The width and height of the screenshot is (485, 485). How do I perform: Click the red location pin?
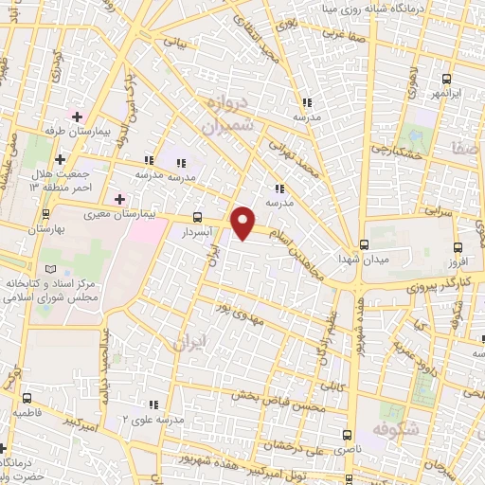pyautogui.click(x=243, y=222)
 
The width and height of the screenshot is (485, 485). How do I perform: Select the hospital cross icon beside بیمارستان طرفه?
pyautogui.click(x=77, y=116)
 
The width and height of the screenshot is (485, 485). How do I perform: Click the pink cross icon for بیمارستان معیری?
pyautogui.click(x=118, y=200)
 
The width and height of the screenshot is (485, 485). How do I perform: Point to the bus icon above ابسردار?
pyautogui.click(x=197, y=216)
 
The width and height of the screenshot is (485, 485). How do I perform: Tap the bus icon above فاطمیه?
pyautogui.click(x=27, y=399)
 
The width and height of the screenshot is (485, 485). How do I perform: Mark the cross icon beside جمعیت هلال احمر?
pyautogui.click(x=60, y=158)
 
